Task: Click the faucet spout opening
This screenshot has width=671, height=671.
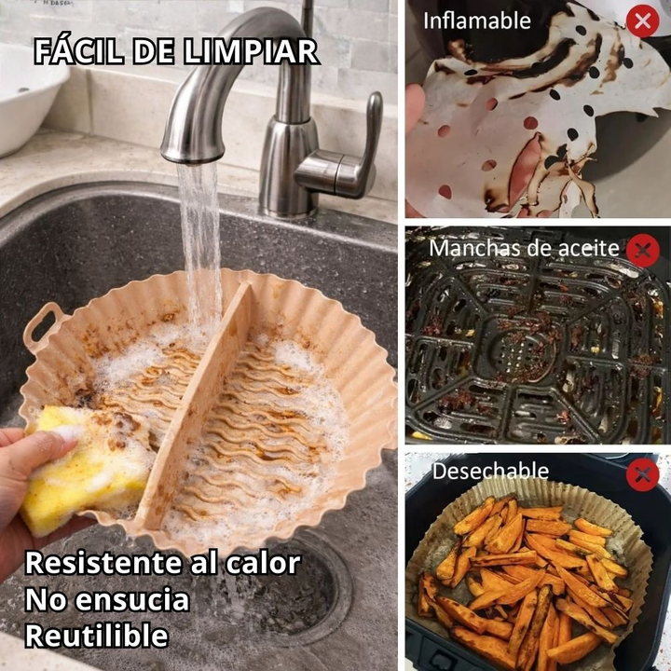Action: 194,159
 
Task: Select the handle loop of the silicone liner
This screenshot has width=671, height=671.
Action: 43,324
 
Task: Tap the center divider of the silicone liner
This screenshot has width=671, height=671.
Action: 197,403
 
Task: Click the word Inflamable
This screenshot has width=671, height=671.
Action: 477,21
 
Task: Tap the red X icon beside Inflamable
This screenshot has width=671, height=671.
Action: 642,21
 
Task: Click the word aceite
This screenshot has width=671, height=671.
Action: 593,248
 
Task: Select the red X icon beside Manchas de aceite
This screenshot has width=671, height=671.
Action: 642,251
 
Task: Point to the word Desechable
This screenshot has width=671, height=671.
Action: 490,472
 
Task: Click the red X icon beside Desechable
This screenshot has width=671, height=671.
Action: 642,474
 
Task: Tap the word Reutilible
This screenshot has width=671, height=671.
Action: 97,636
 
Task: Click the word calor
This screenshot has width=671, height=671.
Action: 263,563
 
